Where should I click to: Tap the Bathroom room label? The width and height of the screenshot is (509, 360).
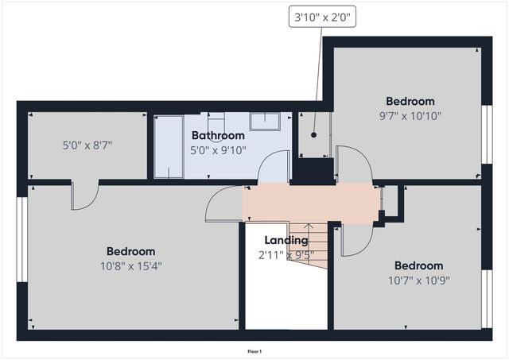(217, 136)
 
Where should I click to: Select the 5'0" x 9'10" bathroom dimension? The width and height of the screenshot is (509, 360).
(217, 149)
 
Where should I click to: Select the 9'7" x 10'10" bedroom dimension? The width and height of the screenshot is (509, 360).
(410, 115)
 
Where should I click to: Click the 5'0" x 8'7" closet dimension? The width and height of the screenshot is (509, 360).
(87, 145)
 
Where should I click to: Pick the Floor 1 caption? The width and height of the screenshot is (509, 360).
(254, 350)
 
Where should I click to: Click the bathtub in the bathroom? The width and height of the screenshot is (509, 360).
(168, 147)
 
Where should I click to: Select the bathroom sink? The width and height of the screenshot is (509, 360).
(264, 122)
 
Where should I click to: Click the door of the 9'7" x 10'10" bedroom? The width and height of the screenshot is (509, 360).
(354, 163)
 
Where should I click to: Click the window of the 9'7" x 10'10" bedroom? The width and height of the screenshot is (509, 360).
(487, 134)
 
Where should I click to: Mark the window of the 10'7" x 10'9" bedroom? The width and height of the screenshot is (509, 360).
(487, 299)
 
